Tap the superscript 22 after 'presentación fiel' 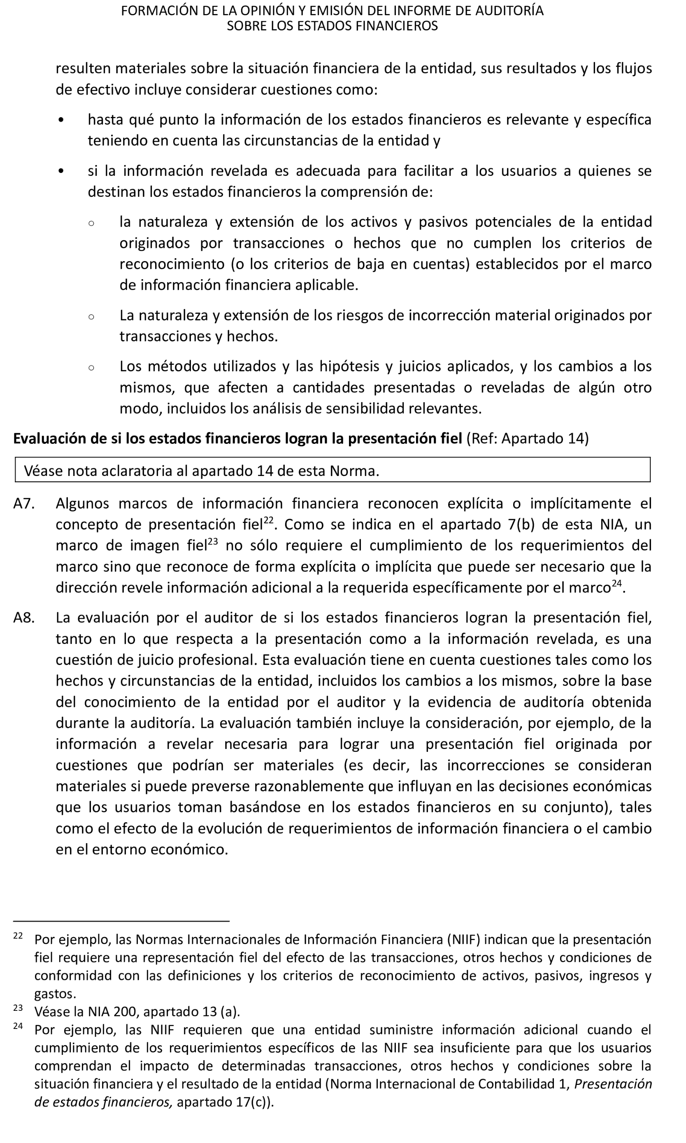tap(269, 520)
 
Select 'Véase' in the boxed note tap(44, 471)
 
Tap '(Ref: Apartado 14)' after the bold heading tap(528, 439)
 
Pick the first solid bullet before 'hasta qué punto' tap(61, 120)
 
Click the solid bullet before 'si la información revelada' tap(61, 172)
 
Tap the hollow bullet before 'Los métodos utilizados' tap(91, 368)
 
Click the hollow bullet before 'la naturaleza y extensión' tap(91, 223)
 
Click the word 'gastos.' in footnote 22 tap(55, 994)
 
